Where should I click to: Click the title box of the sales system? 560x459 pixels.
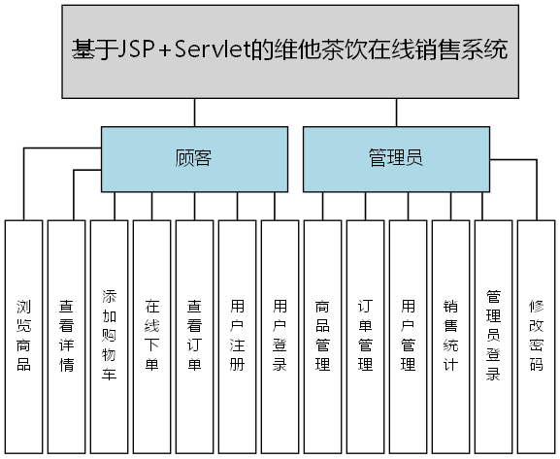pyautogui.click(x=290, y=50)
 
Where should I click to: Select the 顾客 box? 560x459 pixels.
pyautogui.click(x=194, y=158)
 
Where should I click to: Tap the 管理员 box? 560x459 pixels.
pyautogui.click(x=396, y=158)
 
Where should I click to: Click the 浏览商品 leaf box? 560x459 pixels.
pyautogui.click(x=24, y=335)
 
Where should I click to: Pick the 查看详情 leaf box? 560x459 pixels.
pyautogui.click(x=67, y=335)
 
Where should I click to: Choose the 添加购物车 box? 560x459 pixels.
pyautogui.click(x=110, y=335)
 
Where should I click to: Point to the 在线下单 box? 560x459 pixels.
pyautogui.click(x=152, y=335)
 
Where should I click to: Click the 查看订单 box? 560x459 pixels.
pyautogui.click(x=195, y=335)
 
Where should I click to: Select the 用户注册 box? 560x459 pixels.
pyautogui.click(x=238, y=335)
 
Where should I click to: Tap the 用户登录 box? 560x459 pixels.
pyautogui.click(x=280, y=335)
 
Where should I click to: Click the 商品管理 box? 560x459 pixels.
pyautogui.click(x=323, y=335)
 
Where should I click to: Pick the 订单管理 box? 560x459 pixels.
pyautogui.click(x=366, y=335)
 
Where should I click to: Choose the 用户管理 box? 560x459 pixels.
pyautogui.click(x=409, y=335)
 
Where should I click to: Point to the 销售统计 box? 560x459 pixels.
pyautogui.click(x=451, y=335)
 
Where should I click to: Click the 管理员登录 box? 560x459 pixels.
pyautogui.click(x=494, y=335)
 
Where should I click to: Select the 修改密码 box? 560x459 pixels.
pyautogui.click(x=537, y=335)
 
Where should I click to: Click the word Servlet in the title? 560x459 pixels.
pyautogui.click(x=206, y=49)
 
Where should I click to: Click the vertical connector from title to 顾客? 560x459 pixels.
pyautogui.click(x=194, y=112)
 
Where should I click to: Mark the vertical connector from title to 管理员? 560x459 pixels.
pyautogui.click(x=396, y=112)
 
